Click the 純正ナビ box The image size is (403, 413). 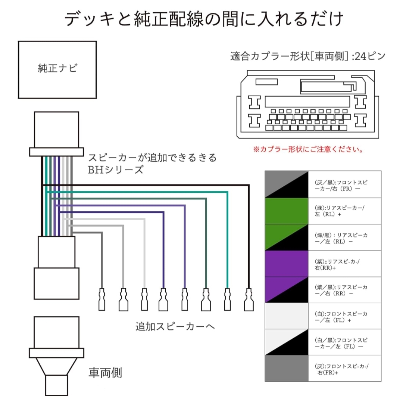click(57, 69)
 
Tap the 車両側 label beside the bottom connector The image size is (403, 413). click(105, 373)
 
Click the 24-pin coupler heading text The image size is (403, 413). click(308, 57)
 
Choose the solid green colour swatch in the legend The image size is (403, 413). click(287, 211)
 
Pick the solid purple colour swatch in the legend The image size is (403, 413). click(287, 264)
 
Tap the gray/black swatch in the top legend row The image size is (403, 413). click(287, 184)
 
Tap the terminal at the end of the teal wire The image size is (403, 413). click(227, 299)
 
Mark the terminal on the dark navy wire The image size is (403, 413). click(163, 299)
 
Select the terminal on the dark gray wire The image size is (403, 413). click(102, 299)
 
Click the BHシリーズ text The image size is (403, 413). click(115, 170)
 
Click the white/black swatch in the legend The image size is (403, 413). click(287, 342)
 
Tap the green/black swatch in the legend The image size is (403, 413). click(287, 237)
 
